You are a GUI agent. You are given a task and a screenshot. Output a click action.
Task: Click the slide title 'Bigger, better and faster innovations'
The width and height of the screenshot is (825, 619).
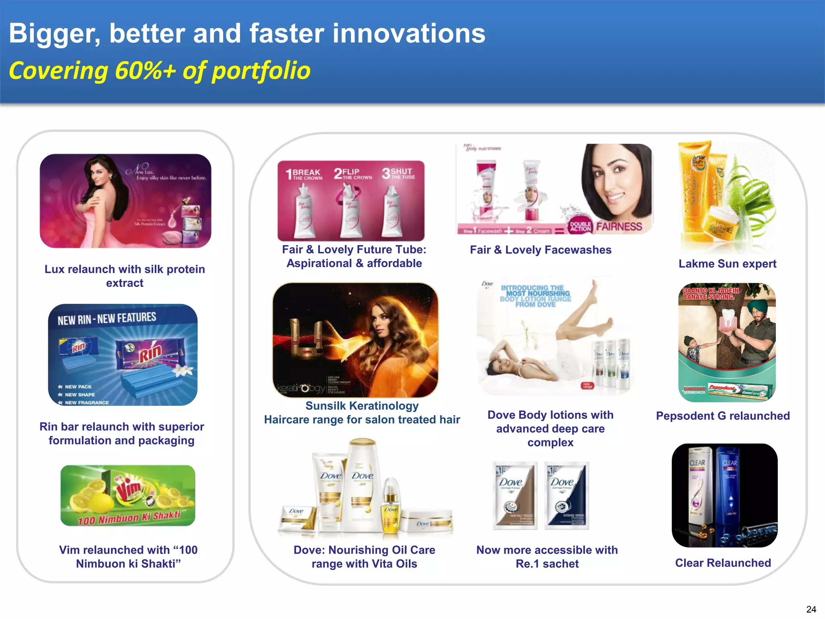[x=247, y=33]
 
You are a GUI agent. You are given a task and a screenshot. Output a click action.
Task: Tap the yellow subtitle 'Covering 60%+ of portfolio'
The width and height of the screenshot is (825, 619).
[x=160, y=71]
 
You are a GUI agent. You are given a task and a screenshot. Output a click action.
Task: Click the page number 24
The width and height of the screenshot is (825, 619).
[x=811, y=609]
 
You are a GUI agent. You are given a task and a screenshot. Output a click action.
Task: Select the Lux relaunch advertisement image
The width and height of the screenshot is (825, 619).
[x=125, y=201]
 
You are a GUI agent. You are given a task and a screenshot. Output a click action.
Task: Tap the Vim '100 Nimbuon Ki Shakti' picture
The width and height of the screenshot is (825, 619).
[x=128, y=495]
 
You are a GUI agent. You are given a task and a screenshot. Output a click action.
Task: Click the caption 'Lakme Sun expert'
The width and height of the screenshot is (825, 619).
[x=727, y=264]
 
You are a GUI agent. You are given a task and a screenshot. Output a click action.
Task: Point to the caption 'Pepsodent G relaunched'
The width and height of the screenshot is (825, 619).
[x=723, y=415]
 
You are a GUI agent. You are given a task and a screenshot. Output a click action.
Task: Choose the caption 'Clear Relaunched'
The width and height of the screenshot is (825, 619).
[x=723, y=563]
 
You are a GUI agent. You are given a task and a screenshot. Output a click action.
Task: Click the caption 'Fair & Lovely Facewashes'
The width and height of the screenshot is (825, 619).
[x=540, y=250]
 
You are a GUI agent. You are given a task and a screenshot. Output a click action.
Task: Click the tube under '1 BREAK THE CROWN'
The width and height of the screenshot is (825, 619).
[x=304, y=214]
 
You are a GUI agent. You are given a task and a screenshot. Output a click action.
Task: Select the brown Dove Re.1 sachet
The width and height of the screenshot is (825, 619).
[x=515, y=495]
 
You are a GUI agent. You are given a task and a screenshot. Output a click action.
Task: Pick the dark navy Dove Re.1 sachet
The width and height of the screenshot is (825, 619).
[x=566, y=495]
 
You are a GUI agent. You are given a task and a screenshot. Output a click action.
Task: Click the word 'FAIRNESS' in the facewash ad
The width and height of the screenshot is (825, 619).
[x=619, y=226]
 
